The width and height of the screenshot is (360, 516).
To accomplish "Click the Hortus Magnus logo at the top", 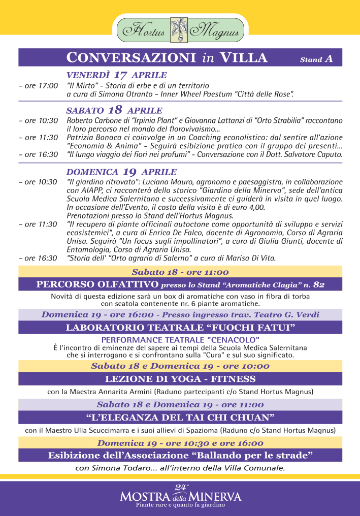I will click(180, 30).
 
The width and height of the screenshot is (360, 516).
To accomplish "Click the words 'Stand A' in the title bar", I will click(316, 59).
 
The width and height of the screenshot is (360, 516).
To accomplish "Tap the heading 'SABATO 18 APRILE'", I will click(114, 110).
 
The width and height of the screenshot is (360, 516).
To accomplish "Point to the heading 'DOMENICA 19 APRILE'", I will click(121, 172).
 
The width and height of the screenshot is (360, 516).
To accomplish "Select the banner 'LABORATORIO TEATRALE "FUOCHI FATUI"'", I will click(180, 328).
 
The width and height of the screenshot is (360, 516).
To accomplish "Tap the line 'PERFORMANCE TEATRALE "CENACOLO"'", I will click(180, 339).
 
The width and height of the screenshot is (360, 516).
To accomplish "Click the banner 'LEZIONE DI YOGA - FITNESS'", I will click(180, 379).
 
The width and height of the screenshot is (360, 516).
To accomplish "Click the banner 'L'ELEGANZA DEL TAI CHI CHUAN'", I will click(180, 417).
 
